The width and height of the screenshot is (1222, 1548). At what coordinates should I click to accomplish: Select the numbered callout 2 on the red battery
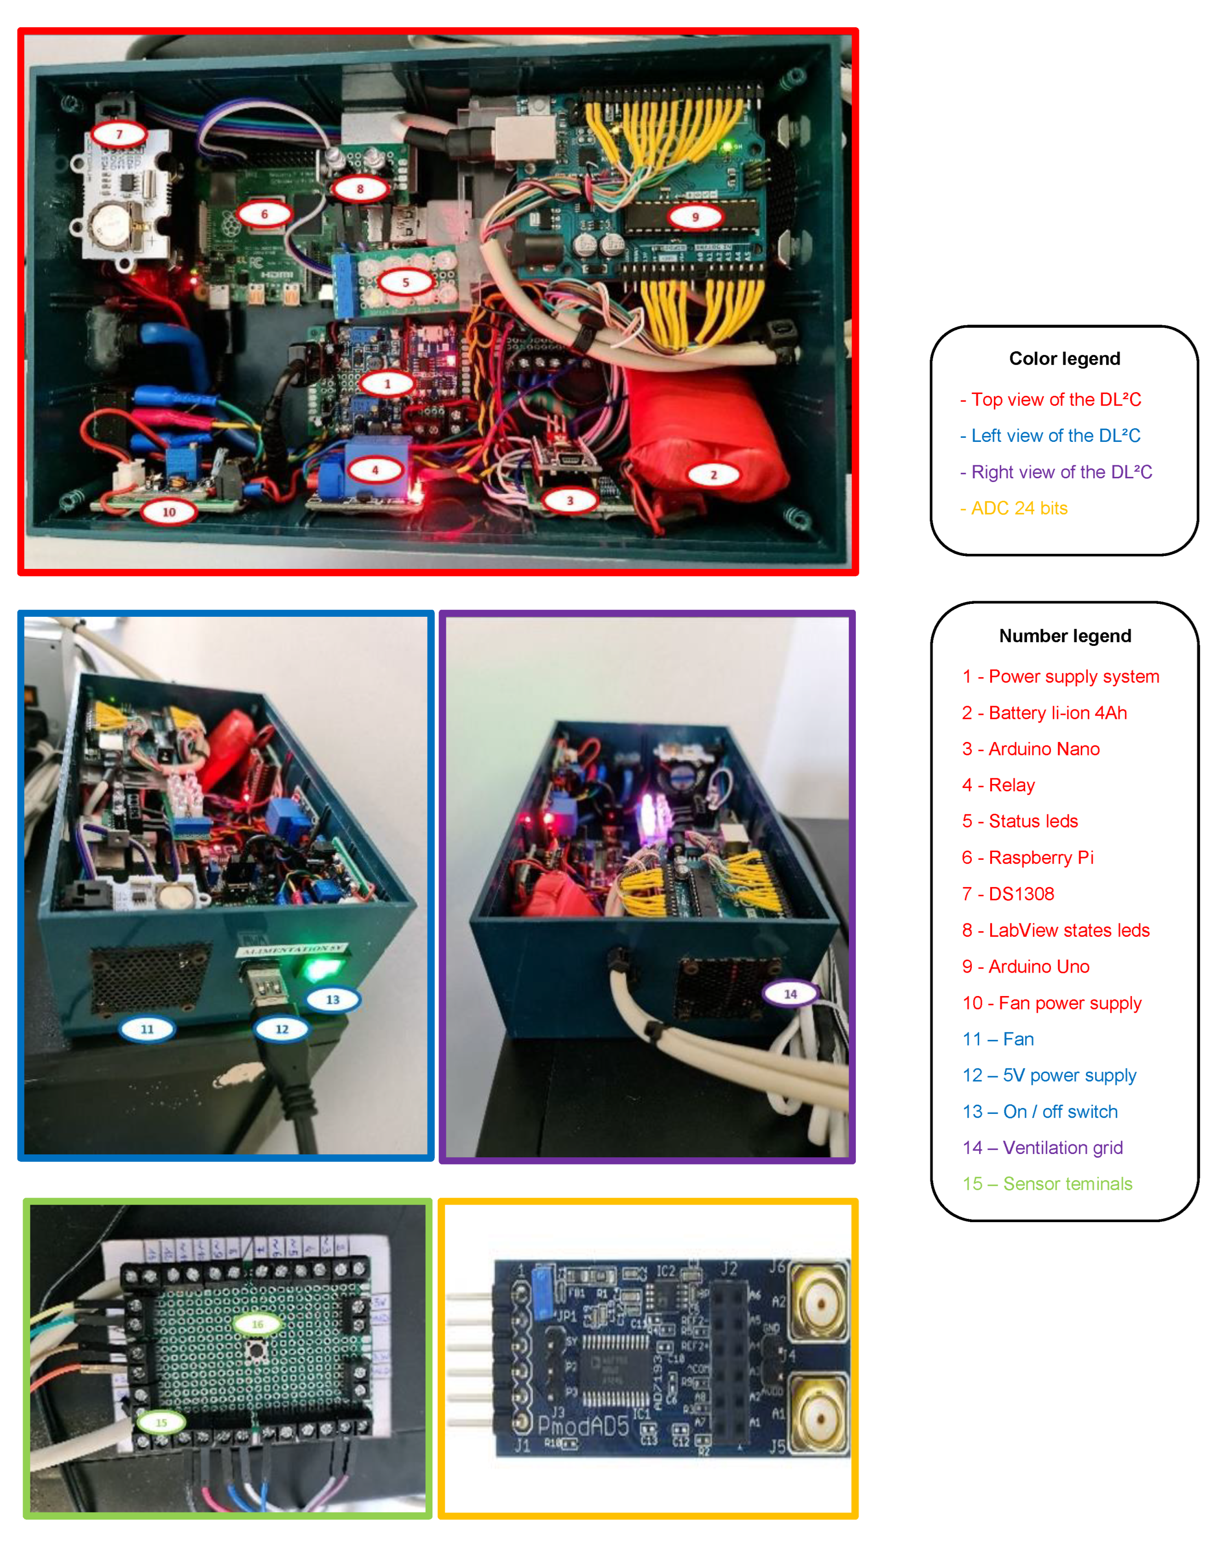(x=713, y=475)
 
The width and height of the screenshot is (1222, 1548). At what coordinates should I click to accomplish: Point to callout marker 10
(x=169, y=512)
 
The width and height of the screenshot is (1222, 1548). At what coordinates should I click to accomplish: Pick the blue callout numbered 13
(x=333, y=999)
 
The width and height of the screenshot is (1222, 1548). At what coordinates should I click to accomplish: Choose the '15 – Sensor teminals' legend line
(x=1048, y=1184)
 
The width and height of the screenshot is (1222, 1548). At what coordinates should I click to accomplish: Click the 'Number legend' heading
(x=1065, y=636)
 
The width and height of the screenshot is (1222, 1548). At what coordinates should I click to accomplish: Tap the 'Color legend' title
(x=1065, y=359)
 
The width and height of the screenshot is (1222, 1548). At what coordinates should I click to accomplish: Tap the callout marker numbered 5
(x=406, y=282)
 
